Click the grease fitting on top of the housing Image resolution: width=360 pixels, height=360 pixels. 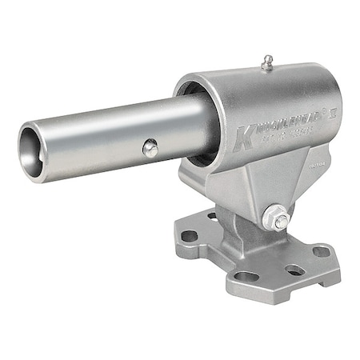coord(266,62)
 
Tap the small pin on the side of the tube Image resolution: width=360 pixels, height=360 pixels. coord(149,146)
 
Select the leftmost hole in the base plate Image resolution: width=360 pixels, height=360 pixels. coord(190,237)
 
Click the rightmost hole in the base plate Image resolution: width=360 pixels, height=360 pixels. coord(322,251)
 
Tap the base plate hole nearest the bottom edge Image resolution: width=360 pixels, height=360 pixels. coord(247,276)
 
